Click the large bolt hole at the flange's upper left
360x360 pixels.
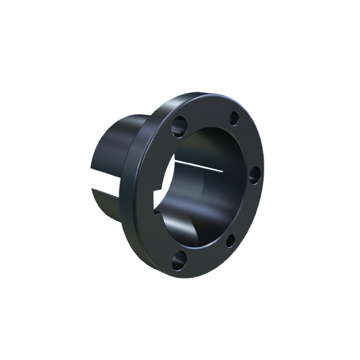(x=179, y=125)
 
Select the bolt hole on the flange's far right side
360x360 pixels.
(x=254, y=173)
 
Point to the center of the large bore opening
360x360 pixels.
(x=205, y=187)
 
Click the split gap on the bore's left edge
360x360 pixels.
(x=167, y=176)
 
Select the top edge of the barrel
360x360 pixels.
(x=119, y=122)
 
